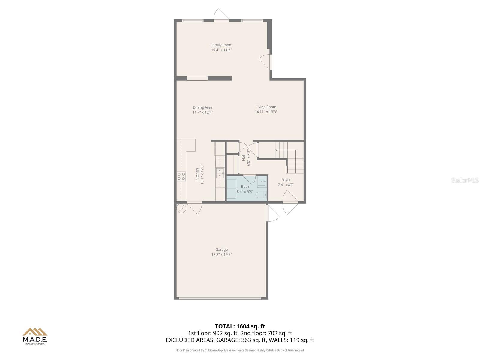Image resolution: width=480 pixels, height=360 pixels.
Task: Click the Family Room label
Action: click(x=221, y=45)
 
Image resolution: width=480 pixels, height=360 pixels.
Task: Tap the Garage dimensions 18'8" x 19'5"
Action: click(x=221, y=255)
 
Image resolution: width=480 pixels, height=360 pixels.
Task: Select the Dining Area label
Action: click(x=203, y=107)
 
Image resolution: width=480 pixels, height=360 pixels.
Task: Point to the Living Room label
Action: click(x=266, y=107)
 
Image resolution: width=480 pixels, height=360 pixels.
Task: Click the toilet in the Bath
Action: click(x=261, y=196)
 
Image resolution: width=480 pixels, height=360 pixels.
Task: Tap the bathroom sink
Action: click(x=262, y=182)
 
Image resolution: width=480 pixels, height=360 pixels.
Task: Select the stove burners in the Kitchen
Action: click(x=181, y=176)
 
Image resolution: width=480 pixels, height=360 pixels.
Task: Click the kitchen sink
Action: click(x=220, y=173)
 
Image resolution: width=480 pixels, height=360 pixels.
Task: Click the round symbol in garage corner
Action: click(x=181, y=208)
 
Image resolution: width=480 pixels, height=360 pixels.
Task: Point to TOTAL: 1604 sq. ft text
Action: click(x=240, y=326)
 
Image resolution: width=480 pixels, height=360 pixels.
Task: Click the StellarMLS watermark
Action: click(x=465, y=180)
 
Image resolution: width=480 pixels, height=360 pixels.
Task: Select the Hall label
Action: click(x=243, y=157)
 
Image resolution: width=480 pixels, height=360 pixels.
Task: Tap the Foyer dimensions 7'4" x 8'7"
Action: click(x=286, y=185)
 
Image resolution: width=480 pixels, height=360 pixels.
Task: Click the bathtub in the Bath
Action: click(x=231, y=189)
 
